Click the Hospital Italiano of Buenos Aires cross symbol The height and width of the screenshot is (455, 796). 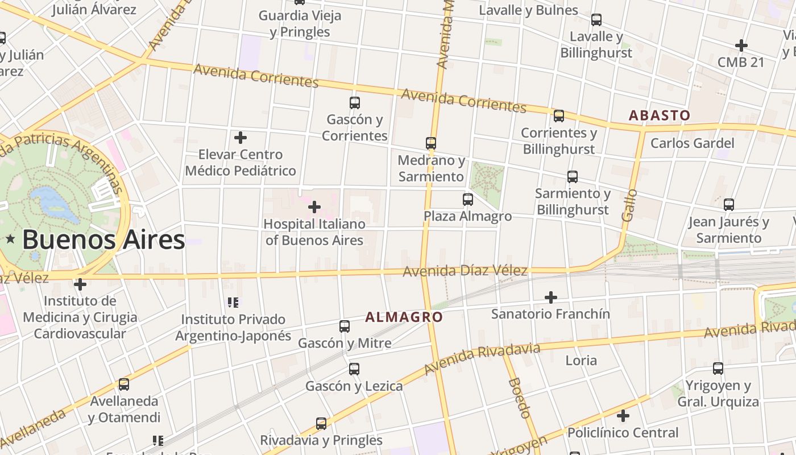pyautogui.click(x=314, y=207)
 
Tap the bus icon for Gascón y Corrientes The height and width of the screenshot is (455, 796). pyautogui.click(x=355, y=103)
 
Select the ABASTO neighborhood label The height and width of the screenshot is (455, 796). pyautogui.click(x=660, y=115)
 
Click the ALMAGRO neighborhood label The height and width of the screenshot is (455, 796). pyautogui.click(x=404, y=317)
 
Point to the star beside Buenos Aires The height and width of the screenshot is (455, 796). pyautogui.click(x=10, y=239)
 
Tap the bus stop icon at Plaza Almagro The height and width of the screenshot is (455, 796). pyautogui.click(x=468, y=200)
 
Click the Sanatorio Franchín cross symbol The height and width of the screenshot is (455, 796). pyautogui.click(x=550, y=297)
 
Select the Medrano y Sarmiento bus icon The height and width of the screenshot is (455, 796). pyautogui.click(x=431, y=143)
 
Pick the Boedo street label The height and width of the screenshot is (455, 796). pyautogui.click(x=520, y=398)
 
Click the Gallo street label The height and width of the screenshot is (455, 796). pyautogui.click(x=629, y=205)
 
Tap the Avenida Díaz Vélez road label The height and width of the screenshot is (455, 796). pyautogui.click(x=465, y=271)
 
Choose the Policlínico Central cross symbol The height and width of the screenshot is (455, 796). pyautogui.click(x=623, y=416)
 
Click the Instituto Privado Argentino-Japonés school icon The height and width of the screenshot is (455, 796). pyautogui.click(x=233, y=302)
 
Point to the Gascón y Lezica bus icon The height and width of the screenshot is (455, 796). pyautogui.click(x=354, y=369)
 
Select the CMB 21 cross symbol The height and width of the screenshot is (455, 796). pyautogui.click(x=741, y=45)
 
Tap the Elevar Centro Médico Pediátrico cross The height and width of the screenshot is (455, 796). pyautogui.click(x=241, y=138)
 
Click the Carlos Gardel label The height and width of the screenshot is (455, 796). pyautogui.click(x=692, y=143)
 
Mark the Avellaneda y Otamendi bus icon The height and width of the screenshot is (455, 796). pyautogui.click(x=124, y=384)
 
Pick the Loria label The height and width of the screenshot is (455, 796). pyautogui.click(x=581, y=360)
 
